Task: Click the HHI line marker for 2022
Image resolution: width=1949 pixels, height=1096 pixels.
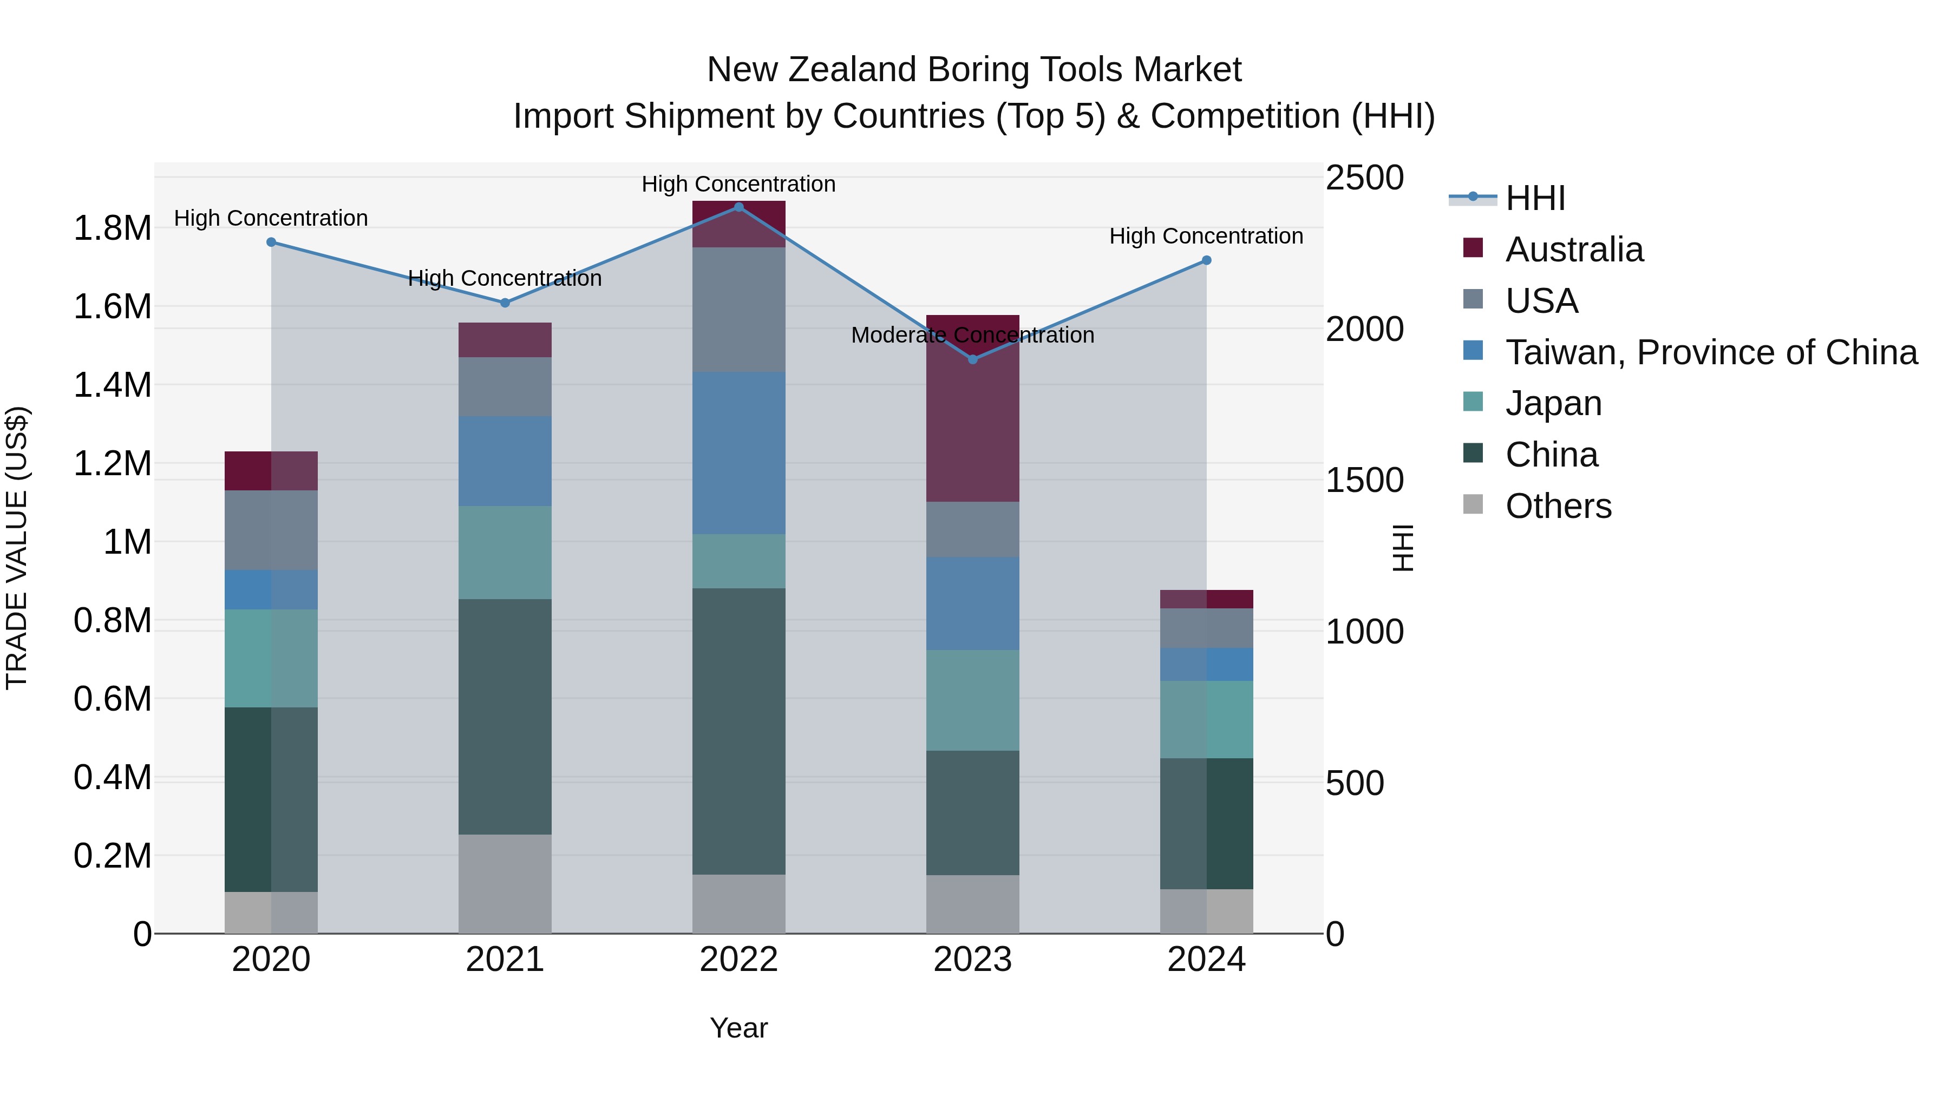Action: pyautogui.click(x=738, y=207)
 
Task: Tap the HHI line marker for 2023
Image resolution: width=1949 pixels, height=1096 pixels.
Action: pyautogui.click(x=973, y=359)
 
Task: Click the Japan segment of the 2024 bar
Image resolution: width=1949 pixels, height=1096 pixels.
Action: pyautogui.click(x=1207, y=719)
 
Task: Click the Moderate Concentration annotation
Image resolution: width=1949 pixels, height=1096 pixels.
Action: pyautogui.click(x=972, y=335)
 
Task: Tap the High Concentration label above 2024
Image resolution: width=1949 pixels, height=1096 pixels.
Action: pyautogui.click(x=1206, y=236)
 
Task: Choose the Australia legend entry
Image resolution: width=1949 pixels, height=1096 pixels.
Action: pyautogui.click(x=1574, y=250)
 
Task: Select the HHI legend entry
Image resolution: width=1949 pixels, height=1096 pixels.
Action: pyautogui.click(x=1534, y=198)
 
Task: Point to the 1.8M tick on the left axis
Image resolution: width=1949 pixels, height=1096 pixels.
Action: pyautogui.click(x=112, y=228)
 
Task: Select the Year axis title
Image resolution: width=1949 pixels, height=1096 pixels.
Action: pyautogui.click(x=738, y=1028)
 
